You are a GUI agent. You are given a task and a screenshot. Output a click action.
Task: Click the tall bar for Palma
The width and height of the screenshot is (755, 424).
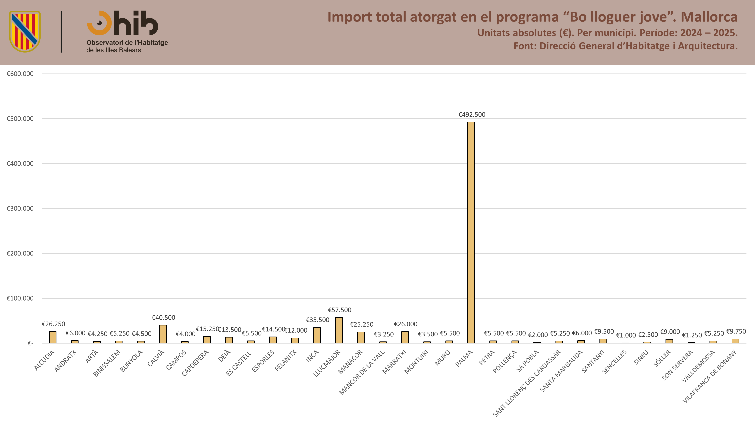coord(471,232)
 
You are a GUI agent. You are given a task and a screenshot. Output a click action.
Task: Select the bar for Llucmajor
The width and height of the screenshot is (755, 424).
coord(339,330)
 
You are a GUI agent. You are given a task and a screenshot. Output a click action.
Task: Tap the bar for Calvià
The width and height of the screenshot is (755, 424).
coord(163,334)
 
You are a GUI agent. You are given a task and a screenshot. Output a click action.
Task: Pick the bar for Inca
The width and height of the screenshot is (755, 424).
coord(317,335)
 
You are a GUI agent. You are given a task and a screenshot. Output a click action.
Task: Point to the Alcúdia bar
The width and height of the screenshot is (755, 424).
coord(53,337)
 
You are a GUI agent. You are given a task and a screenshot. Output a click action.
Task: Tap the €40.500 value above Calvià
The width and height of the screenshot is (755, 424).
coord(163,318)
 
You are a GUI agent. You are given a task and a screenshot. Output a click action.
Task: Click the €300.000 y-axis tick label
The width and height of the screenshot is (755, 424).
coord(20,208)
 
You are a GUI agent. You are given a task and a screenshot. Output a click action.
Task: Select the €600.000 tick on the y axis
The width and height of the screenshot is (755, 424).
coord(20,74)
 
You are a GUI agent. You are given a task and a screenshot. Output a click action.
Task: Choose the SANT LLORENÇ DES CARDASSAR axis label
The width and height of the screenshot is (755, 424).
coord(527,383)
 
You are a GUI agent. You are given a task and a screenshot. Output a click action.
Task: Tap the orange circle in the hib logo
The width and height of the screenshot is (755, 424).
coord(99,23)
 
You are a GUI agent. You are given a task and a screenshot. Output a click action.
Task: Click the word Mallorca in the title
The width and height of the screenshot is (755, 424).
coord(709,17)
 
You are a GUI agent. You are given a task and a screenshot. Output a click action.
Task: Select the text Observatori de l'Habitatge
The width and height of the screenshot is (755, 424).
coord(127,43)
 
